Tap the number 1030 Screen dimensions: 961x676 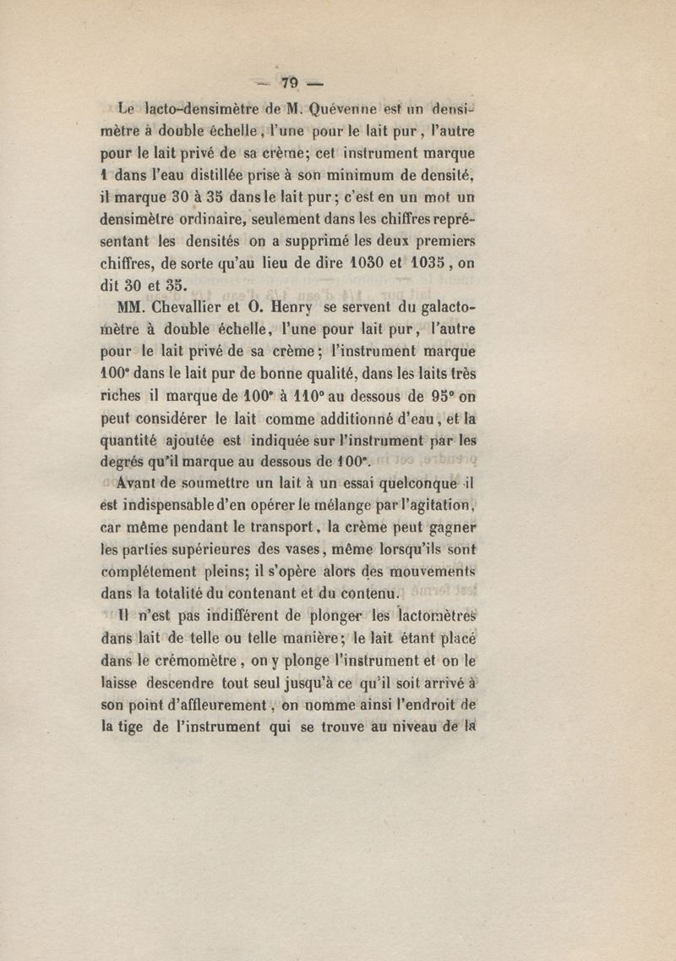357,263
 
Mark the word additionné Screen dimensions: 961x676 376,417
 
